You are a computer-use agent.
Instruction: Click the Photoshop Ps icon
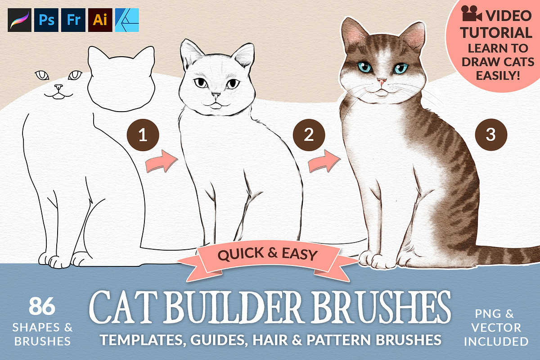coord(46,20)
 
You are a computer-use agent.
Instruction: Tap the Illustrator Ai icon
coord(100,20)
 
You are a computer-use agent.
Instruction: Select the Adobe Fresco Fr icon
coord(73,20)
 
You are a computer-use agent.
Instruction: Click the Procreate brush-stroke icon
coord(19,20)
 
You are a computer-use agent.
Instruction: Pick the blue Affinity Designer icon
coord(127,20)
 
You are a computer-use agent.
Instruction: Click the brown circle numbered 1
coord(143,135)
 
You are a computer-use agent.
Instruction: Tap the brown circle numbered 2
coord(309,135)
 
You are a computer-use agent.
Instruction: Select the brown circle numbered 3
coord(491,135)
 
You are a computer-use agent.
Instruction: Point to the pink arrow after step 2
coord(325,162)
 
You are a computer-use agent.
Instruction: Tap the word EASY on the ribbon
coord(300,254)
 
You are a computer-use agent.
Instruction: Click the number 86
coord(42,306)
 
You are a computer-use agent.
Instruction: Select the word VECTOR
coord(496,328)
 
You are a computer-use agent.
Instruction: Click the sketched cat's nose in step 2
coord(216,95)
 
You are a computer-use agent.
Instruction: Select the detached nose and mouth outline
coord(58,92)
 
